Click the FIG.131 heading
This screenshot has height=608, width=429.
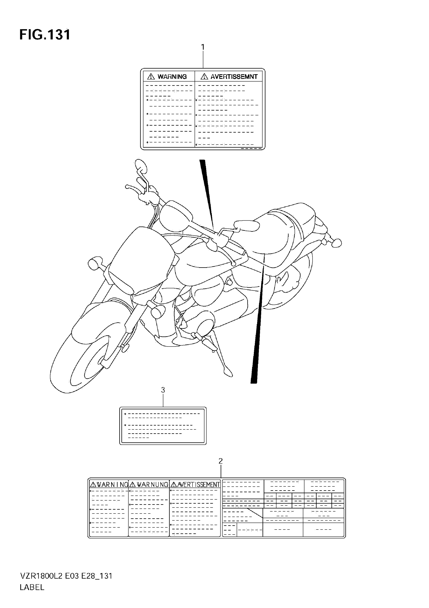pos(45,35)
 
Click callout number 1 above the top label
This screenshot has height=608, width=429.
pos(203,47)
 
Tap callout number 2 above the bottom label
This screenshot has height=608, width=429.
pos(221,461)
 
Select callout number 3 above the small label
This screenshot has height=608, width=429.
pos(163,390)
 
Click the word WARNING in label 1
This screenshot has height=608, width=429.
pos(172,77)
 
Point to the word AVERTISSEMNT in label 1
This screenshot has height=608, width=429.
pos(234,77)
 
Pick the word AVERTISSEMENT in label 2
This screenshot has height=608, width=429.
pos(199,485)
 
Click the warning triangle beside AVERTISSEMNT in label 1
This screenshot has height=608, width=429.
pos(204,77)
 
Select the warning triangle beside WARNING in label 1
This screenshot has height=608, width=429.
pos(151,77)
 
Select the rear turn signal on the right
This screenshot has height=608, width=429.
pos(337,243)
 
